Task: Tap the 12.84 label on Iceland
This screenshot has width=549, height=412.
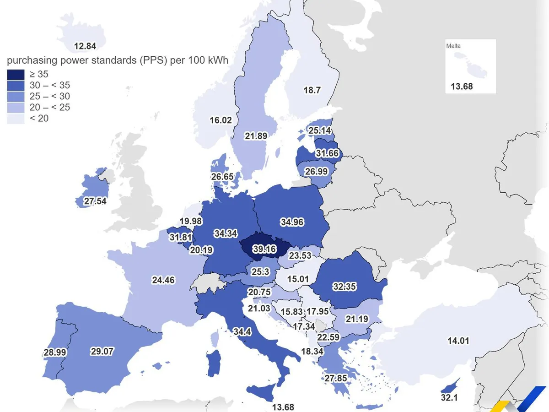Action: click(85, 46)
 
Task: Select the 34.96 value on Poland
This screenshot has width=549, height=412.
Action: click(292, 222)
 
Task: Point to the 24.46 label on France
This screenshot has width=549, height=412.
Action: click(163, 280)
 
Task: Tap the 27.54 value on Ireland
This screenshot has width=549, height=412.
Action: click(95, 201)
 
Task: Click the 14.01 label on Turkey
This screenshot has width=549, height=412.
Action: click(458, 341)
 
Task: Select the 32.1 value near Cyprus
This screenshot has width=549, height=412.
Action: click(449, 398)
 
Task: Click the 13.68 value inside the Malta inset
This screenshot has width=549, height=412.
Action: click(462, 86)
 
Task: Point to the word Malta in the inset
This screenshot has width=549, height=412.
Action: click(453, 46)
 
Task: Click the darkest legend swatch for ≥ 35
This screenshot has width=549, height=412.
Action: click(16, 75)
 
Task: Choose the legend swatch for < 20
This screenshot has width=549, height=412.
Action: click(16, 119)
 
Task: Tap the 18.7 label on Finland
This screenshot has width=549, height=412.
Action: click(312, 90)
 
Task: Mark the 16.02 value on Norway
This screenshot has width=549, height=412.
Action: click(221, 120)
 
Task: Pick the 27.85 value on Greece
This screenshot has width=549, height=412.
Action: click(336, 378)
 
